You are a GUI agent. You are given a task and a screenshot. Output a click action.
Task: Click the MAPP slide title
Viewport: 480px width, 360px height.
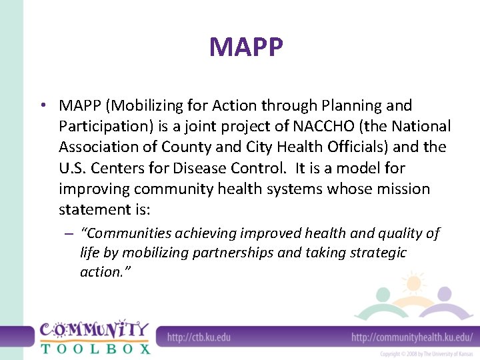tap(246, 47)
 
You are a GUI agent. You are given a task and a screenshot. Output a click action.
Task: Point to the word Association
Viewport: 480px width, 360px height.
tap(98, 147)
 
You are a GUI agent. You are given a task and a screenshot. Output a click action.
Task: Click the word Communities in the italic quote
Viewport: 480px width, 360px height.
tap(127, 233)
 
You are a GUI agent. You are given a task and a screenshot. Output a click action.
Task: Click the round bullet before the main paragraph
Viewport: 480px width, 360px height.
tap(42, 106)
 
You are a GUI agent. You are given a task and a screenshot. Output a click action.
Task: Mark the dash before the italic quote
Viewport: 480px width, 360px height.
tap(69, 234)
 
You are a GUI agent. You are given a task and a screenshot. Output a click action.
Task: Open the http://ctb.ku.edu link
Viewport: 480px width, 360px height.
tap(199, 337)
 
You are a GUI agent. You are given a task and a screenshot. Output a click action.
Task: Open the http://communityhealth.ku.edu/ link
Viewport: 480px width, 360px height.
tap(411, 337)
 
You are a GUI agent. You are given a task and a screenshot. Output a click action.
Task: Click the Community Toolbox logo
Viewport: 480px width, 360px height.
tap(95, 337)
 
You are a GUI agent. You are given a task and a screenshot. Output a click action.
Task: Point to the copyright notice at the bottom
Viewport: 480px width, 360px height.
tap(425, 353)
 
